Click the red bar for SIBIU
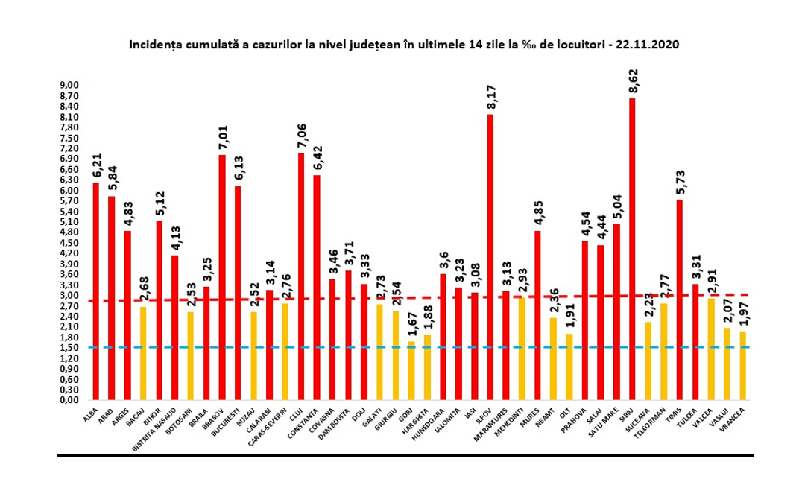pos(632,249)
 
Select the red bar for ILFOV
pos(490,257)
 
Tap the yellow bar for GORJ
pos(411,370)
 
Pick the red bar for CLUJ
pos(300,276)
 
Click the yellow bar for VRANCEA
pos(742,365)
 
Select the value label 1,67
pos(411,328)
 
